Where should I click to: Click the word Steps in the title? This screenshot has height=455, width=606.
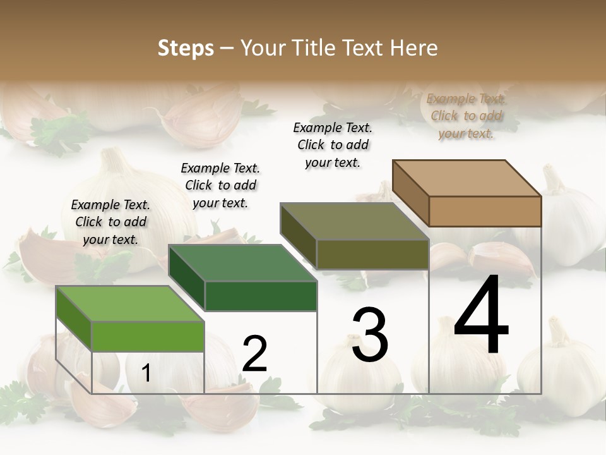[186, 48]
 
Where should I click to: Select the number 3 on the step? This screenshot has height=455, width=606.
[370, 334]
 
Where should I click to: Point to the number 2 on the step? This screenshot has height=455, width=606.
[254, 353]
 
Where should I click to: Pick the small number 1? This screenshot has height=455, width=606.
[146, 374]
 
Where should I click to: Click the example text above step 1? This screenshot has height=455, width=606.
[110, 222]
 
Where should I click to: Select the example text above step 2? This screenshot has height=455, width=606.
[220, 185]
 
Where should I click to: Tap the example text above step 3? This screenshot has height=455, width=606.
[333, 145]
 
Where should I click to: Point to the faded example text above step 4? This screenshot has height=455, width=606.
[466, 116]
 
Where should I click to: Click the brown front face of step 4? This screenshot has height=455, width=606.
[485, 211]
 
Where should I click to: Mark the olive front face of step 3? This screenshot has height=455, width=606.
[372, 254]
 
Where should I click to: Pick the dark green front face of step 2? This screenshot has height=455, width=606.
[261, 296]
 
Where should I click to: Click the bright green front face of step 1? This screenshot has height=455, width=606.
[148, 336]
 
